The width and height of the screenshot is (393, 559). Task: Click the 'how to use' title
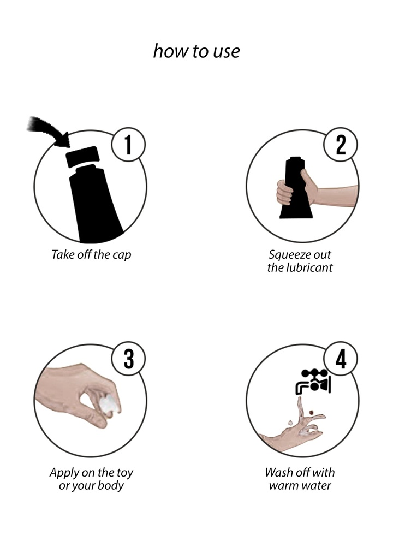coord(196,51)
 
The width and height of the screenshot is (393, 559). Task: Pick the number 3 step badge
coord(128,360)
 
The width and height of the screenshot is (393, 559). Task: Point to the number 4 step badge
coord(341,360)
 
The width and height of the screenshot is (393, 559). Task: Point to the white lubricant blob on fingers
coord(110,405)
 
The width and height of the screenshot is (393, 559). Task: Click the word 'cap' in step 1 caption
coord(122,255)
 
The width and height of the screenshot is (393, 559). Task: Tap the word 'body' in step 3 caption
coord(112,486)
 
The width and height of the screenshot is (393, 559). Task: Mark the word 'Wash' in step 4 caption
coord(278,472)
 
